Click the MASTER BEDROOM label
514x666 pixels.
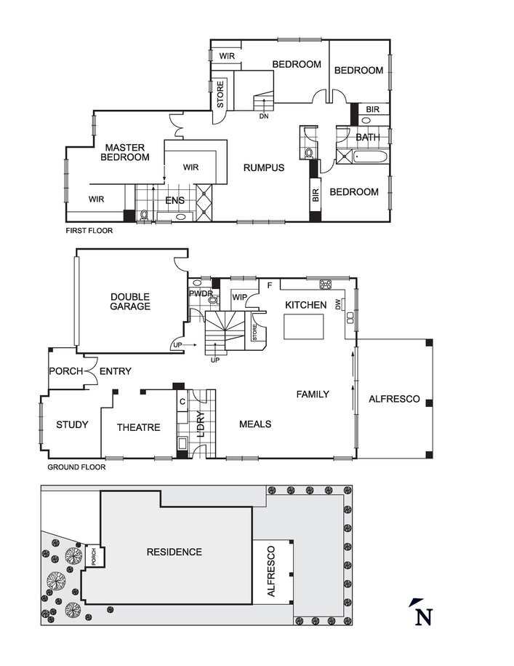point(124,151)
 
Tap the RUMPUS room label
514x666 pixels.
point(263,167)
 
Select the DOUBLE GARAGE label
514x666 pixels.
point(130,301)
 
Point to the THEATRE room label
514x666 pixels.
point(138,427)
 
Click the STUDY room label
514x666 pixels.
point(72,424)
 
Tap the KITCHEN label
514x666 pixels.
point(305,305)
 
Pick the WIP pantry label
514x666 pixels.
point(240,297)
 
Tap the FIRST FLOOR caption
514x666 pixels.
point(89,231)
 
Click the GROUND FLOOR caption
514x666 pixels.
point(76,467)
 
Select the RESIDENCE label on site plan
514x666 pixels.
point(174,552)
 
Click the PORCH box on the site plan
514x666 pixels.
point(93,557)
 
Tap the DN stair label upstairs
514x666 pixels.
point(263,116)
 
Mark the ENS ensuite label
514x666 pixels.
point(174,201)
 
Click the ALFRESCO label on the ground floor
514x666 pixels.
point(394,399)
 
